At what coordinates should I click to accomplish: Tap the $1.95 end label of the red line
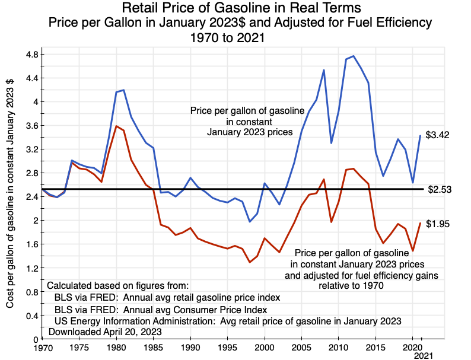[x=438, y=224]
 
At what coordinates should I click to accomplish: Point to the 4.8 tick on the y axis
[x=31, y=55]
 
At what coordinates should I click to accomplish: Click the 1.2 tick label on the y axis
[x=31, y=268]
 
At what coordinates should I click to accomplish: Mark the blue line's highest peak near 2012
[x=354, y=56]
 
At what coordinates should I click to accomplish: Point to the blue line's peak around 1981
[x=123, y=90]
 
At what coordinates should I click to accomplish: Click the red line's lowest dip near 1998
[x=250, y=262]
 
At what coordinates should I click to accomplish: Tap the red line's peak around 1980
[x=116, y=126]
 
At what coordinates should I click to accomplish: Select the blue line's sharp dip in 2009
[x=331, y=143]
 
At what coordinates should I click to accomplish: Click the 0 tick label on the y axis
[x=36, y=339]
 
